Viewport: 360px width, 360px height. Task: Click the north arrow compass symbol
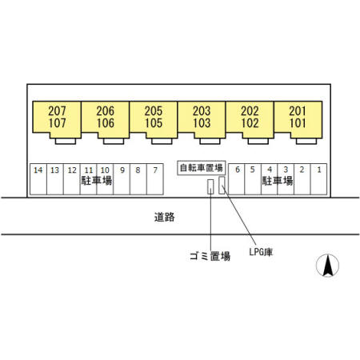point(327,266)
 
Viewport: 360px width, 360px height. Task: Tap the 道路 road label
point(165,217)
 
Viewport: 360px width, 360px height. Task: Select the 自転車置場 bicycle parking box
point(202,168)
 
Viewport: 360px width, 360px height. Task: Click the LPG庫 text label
point(261,252)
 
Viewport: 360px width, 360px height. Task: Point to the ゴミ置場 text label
point(210,256)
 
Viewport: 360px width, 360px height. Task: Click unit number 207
point(57,111)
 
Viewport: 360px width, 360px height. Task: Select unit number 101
point(298,123)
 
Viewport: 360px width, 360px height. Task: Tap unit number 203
point(202,111)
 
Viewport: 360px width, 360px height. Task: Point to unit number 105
point(154,123)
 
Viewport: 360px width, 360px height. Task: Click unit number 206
point(106,111)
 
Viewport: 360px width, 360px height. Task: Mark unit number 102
point(250,123)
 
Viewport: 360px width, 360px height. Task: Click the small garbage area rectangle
point(210,186)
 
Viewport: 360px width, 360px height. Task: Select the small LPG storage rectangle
point(222,185)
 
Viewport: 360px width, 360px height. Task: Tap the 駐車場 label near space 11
point(97,181)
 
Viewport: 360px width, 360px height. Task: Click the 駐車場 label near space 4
point(278,181)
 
